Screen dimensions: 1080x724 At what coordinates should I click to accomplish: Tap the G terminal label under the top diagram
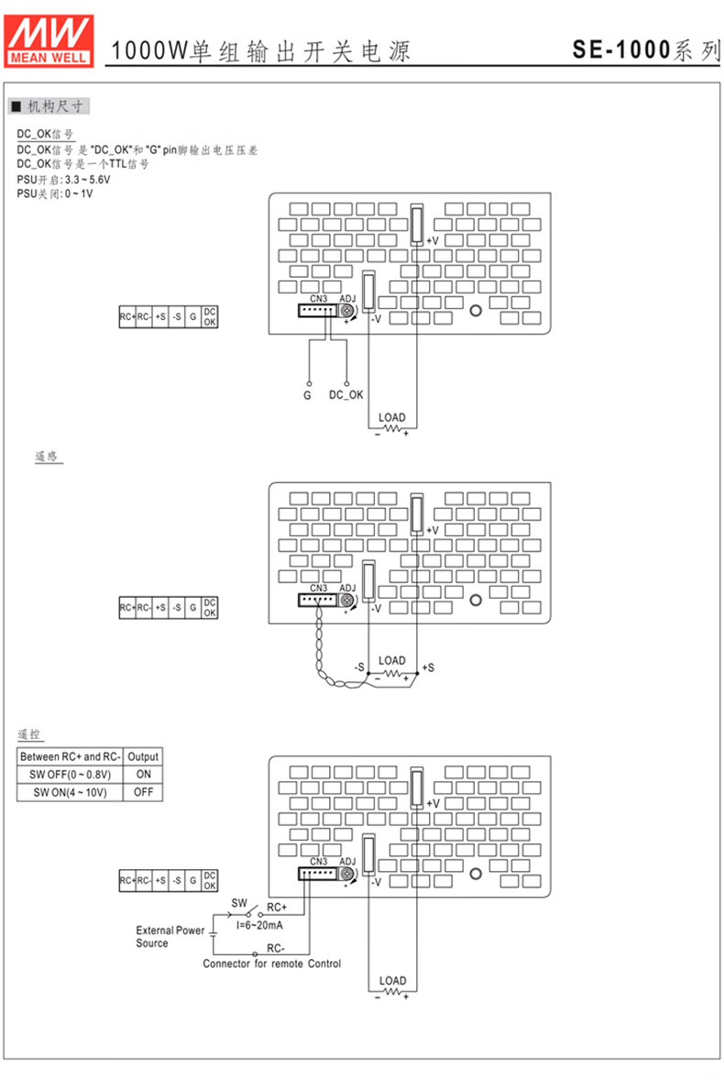coord(308,395)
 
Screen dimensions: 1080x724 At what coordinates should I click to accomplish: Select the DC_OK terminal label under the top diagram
coord(346,395)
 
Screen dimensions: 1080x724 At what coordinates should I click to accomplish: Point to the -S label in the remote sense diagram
coord(360,667)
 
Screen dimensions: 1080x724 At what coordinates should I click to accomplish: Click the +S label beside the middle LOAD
coord(428,667)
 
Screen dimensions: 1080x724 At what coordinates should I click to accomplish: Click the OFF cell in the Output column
coord(143,791)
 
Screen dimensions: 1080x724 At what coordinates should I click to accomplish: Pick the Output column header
coord(143,757)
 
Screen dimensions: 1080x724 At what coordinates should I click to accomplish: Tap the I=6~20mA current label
coord(259,926)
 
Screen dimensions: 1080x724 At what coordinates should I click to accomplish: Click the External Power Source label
coord(170,936)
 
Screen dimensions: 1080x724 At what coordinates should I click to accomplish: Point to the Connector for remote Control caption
coord(271,964)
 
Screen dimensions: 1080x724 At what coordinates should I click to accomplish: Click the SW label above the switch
coord(239,902)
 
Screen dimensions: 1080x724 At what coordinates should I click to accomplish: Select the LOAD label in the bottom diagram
coord(392,981)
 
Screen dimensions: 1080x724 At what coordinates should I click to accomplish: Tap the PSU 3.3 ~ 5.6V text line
coord(57,181)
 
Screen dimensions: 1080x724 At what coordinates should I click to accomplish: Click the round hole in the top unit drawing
coord(476,310)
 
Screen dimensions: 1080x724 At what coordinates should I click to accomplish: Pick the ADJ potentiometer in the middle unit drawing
coord(348,601)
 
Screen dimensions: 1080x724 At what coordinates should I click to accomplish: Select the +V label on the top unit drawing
coord(433,240)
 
